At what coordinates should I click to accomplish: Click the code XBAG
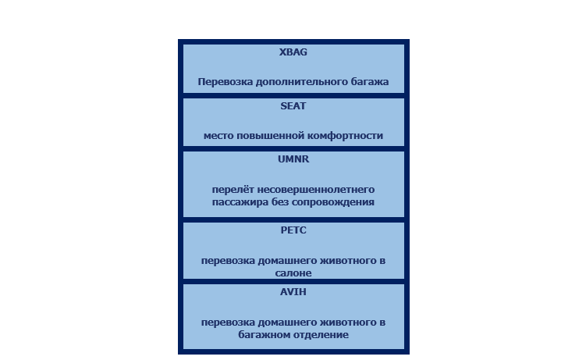293,52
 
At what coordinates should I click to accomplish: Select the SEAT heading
293,106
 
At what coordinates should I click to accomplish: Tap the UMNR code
293,159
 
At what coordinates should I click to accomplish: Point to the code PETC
293,230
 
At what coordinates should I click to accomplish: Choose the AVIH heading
293,292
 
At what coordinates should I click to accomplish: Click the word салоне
293,273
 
